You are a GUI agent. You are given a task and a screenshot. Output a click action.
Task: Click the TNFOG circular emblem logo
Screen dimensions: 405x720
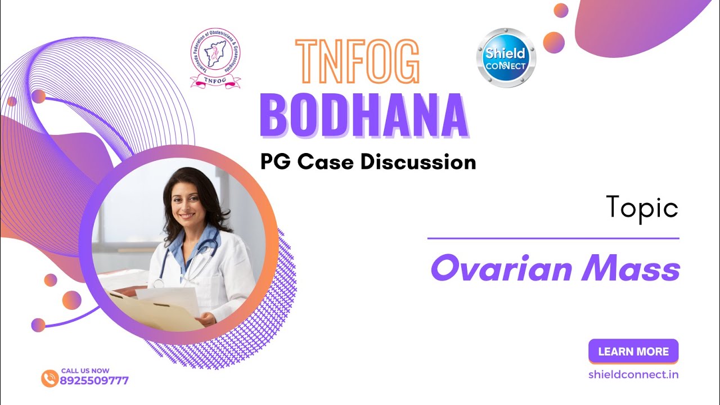215,58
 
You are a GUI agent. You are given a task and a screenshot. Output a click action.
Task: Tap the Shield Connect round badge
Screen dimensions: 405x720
506,58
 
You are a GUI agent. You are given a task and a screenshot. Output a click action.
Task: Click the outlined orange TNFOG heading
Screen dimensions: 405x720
358,62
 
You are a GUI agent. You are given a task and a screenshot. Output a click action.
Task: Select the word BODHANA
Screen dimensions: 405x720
363,116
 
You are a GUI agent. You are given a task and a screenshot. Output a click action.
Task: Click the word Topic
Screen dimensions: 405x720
642,208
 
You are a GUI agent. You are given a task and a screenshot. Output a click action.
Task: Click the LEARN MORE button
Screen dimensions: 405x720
633,352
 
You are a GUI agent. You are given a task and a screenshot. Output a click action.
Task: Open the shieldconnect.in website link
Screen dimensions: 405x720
633,374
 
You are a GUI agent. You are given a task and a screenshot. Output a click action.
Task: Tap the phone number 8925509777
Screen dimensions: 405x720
94,381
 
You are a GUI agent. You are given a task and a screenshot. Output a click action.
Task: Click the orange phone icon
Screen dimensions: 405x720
49,378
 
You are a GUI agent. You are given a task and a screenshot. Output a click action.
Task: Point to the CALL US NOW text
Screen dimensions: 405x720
85,371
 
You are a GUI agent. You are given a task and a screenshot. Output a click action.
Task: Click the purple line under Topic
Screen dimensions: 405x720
553,238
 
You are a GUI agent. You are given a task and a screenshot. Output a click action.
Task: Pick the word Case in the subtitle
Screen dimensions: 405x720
326,162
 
